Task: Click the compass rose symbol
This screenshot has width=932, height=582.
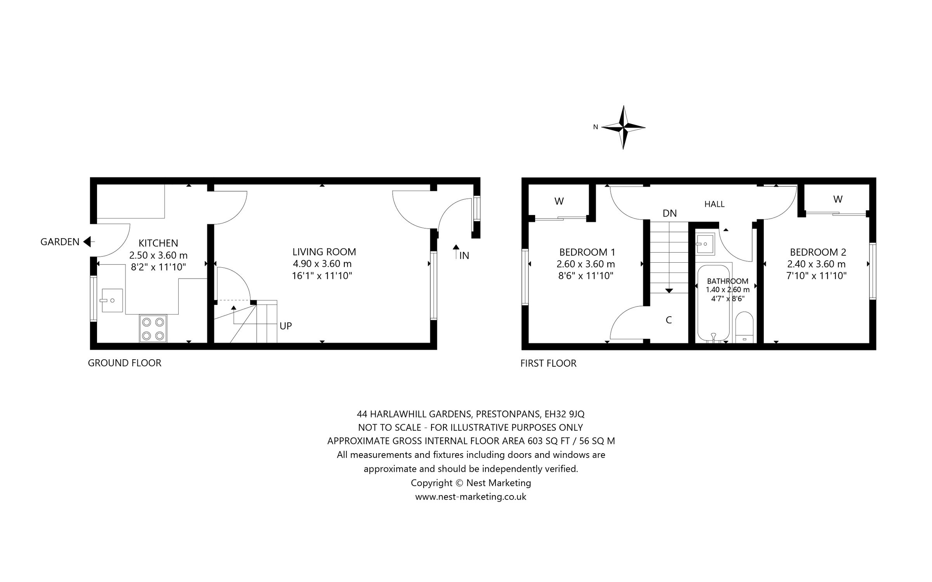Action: (x=623, y=127)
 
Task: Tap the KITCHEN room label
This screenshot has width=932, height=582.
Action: (x=158, y=243)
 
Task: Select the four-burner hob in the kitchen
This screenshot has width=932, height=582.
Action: (x=153, y=329)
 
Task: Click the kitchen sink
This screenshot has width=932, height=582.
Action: (x=112, y=300)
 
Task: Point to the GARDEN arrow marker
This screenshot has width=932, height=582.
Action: (x=87, y=242)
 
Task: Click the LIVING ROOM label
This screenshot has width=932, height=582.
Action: (x=324, y=252)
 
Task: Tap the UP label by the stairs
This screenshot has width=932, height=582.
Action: (x=285, y=326)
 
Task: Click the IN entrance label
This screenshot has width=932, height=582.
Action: (x=464, y=256)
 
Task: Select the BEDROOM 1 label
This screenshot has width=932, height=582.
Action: (x=587, y=252)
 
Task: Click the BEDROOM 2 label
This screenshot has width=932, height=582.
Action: (x=818, y=252)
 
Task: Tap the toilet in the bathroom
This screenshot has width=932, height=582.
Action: (x=744, y=328)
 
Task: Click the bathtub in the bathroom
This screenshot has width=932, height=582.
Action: (x=714, y=303)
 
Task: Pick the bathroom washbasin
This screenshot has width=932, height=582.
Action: (x=705, y=244)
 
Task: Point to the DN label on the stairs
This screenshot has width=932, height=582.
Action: (x=669, y=213)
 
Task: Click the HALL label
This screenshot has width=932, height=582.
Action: (x=714, y=204)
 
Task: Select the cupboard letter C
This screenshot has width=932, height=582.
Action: (x=669, y=320)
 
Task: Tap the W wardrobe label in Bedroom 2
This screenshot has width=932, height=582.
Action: (x=838, y=199)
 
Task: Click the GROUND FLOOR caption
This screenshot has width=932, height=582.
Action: (x=124, y=363)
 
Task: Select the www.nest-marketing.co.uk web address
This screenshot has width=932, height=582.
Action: (x=471, y=497)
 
